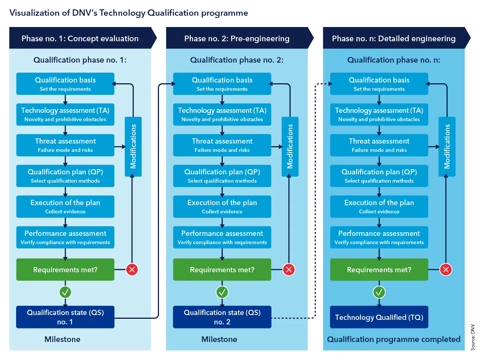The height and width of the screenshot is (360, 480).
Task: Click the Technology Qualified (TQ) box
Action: pos(379,317)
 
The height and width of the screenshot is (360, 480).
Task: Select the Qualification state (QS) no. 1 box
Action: pos(65,317)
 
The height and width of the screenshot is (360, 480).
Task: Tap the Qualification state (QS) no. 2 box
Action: pos(222,317)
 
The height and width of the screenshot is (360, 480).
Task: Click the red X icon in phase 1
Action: pos(132,269)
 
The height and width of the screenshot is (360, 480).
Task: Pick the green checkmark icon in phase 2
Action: pos(222,292)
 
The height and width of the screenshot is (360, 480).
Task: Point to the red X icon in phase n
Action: pos(445,269)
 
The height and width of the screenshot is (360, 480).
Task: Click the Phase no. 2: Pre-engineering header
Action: pos(237,38)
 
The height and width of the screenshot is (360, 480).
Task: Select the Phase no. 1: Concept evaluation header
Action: pos(80,38)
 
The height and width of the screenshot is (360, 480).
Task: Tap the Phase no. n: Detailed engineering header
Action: pos(394,38)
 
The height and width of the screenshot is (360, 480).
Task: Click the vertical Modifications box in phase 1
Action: pos(133,147)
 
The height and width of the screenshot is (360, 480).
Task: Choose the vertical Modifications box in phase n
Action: pos(447,147)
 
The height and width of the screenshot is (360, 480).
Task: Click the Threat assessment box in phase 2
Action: pos(222,145)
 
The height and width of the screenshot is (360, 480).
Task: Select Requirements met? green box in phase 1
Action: pos(65,270)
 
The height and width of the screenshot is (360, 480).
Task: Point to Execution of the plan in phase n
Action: pos(379,207)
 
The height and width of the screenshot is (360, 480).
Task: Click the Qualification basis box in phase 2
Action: pos(222,84)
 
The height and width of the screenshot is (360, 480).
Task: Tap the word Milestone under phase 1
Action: pos(62,339)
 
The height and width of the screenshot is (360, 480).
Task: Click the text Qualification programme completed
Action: pos(394,339)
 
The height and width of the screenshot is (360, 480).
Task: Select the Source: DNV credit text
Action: pos(472,337)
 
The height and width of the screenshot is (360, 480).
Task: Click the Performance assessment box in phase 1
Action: pos(65,237)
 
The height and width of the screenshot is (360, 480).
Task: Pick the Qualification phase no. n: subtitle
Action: pos(394,60)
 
